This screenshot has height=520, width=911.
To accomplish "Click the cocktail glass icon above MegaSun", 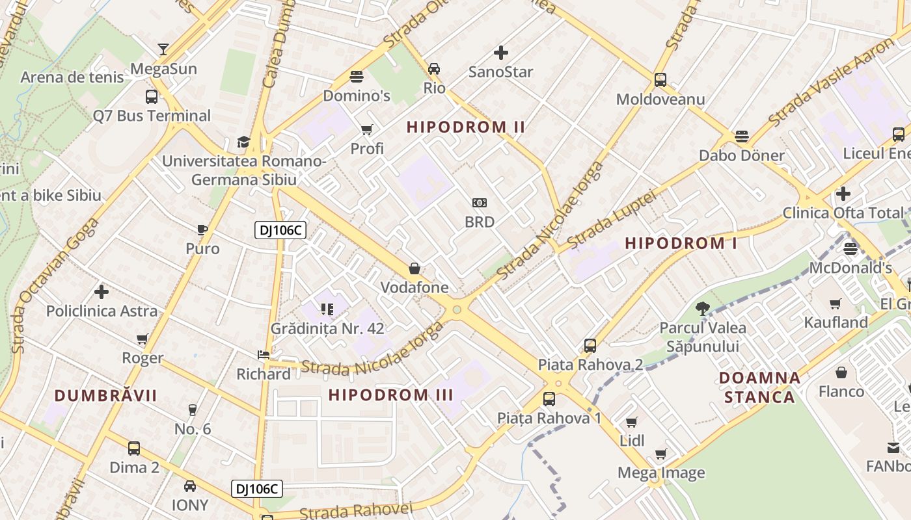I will [163, 49].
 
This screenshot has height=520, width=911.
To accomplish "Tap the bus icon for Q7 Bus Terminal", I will [152, 97].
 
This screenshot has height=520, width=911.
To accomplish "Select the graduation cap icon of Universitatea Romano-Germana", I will [243, 142].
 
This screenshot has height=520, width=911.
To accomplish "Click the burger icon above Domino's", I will [356, 77].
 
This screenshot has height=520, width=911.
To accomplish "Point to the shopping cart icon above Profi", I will [367, 130].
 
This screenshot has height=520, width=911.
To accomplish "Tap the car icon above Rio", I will [434, 68].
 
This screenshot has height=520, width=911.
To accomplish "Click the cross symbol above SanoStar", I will [500, 53].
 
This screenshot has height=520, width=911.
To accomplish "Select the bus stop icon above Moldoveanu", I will [660, 80].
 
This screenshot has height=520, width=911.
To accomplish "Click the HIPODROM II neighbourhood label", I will [466, 127].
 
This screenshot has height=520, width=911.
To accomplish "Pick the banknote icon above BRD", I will [480, 203].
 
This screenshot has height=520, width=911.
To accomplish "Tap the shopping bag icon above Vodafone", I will [415, 268].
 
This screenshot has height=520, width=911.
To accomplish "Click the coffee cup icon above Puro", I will [202, 229].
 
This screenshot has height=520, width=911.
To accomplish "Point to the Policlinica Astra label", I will [102, 311].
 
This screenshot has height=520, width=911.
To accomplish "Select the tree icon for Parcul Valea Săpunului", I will [702, 308].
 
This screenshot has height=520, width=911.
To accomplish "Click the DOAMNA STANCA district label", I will [759, 387].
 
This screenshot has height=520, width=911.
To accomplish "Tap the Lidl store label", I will [632, 440].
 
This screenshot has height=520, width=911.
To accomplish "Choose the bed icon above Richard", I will [264, 355].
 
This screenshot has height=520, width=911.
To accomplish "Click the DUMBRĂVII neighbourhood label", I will [105, 395].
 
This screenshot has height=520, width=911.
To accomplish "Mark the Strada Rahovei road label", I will [356, 511].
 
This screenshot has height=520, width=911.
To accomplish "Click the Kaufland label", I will [836, 322].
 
